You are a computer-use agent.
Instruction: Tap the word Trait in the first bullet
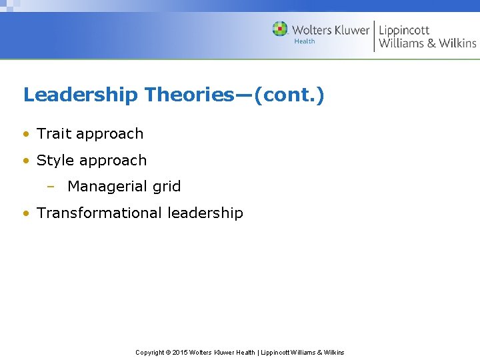point(54,133)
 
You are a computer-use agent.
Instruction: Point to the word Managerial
point(104,187)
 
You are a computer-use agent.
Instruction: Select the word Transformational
point(100,213)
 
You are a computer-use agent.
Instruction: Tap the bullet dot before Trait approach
point(25,134)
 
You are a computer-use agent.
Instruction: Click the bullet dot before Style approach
point(25,161)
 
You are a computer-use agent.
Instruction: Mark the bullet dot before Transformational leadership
point(25,214)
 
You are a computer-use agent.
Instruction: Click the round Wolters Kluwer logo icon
point(280,29)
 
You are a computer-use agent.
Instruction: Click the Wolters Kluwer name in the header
point(330,30)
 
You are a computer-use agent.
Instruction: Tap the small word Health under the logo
point(305,41)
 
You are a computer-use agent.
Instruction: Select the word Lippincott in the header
point(404,30)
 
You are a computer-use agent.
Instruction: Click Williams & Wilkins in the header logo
point(427,43)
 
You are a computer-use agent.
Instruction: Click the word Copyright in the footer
point(150,352)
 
